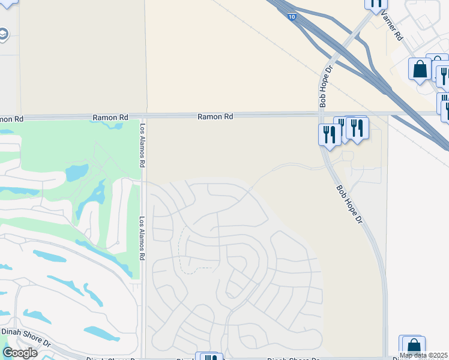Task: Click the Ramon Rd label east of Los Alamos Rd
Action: pos(215,117)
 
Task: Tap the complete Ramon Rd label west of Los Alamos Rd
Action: pos(108,118)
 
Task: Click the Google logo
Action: pos(20,353)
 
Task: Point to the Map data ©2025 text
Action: pos(423,355)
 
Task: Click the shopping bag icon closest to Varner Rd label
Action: pos(420,69)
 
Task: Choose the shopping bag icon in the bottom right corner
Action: pos(414,347)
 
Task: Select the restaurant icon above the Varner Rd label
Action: pos(376,4)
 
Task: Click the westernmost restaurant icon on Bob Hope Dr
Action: pos(328,134)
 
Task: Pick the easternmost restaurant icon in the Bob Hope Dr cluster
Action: pos(357,128)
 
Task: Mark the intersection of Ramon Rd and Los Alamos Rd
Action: pos(144,116)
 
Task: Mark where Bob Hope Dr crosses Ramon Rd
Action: pos(319,114)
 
